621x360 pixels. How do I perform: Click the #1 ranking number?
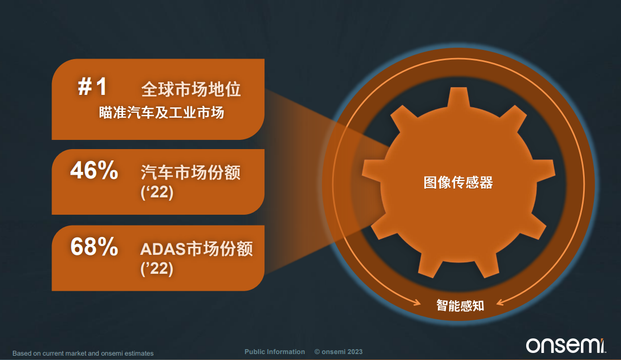coord(92,86)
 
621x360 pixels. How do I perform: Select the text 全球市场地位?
coord(191,89)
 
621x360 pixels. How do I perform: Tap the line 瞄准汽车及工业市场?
coord(161,112)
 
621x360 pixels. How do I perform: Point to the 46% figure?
coord(94,170)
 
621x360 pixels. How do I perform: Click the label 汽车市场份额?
coord(191,172)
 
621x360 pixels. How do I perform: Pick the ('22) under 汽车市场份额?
coord(157,192)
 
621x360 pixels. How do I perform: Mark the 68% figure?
coord(94,247)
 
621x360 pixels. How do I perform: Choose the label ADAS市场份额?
coord(197,249)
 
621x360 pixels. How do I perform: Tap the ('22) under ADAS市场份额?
coord(157,269)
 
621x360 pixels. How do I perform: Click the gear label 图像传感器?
coord(458,183)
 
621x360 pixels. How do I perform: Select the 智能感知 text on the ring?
coord(460,306)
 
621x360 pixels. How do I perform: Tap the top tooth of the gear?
coord(458,97)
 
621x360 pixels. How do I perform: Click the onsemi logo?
coord(566,345)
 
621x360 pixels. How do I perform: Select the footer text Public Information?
coord(275,352)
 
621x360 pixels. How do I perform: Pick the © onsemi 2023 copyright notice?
coord(339,352)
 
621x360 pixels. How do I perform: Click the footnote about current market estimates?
coord(83,353)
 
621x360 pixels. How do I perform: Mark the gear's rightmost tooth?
coord(545,171)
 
